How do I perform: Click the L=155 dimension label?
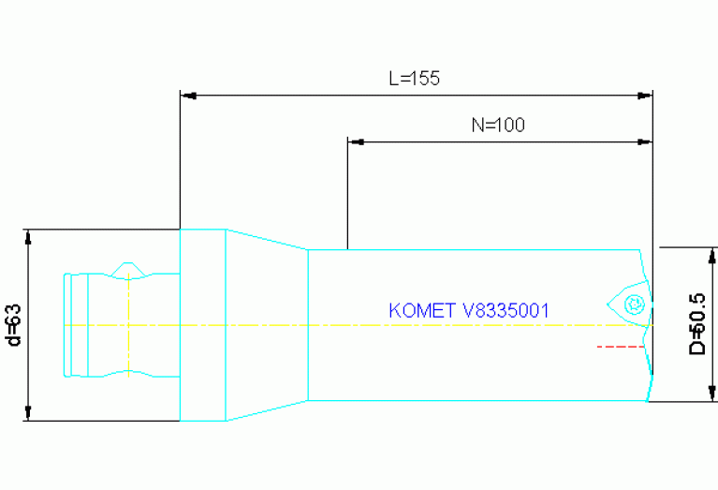414,79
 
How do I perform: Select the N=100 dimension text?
497,126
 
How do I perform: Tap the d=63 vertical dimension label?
13,324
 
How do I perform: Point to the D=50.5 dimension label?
697,323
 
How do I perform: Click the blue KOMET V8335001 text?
468,310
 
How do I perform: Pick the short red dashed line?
621,347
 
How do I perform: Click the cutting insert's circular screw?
634,303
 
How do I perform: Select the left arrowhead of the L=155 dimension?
187,95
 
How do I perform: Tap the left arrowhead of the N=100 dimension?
355,141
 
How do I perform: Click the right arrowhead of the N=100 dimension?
644,141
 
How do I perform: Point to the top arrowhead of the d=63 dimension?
29,237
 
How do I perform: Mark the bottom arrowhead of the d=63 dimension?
29,412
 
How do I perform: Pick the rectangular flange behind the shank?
202,324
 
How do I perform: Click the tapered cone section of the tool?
267,324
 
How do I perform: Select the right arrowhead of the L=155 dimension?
644,95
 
